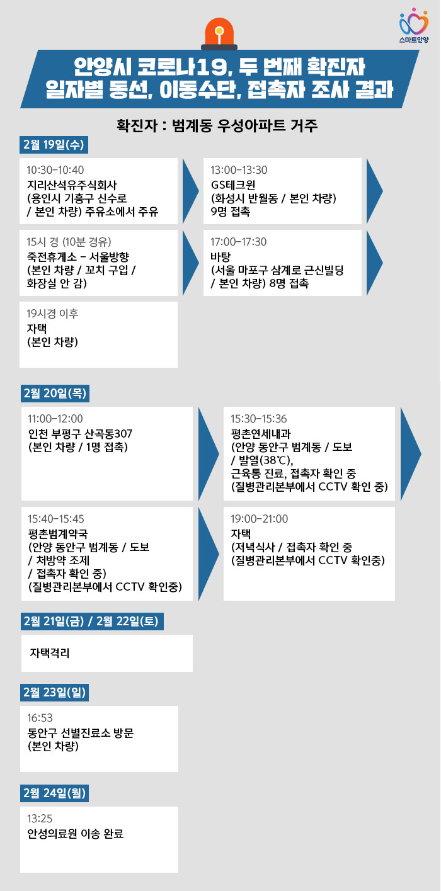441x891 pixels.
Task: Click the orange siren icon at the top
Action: click(219, 35)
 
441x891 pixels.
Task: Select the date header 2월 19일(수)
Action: click(54, 144)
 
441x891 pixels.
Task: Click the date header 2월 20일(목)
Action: click(54, 393)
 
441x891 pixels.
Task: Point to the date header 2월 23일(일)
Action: click(54, 692)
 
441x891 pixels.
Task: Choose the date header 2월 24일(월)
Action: click(54, 792)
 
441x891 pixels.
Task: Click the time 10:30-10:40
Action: click(55, 171)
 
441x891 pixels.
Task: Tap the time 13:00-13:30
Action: click(239, 171)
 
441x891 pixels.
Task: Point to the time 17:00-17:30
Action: click(239, 242)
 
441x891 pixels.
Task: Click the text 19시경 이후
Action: click(53, 314)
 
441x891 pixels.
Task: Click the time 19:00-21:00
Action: click(260, 519)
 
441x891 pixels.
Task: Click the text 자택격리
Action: click(50, 653)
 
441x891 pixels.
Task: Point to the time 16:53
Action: click(40, 718)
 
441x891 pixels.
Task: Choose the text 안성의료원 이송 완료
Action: click(76, 834)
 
